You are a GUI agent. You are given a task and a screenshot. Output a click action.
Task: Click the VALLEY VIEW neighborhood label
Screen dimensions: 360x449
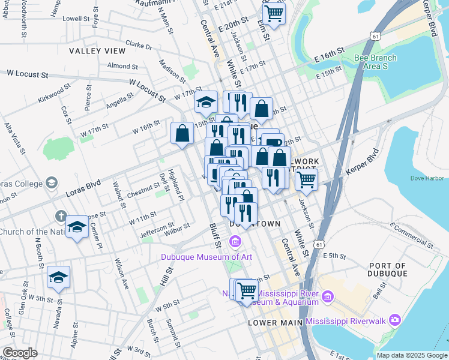(97, 51)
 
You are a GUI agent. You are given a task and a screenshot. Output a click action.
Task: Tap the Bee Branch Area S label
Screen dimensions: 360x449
(375, 62)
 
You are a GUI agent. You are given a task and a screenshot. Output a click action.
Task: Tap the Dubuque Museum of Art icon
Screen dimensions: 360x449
(235, 242)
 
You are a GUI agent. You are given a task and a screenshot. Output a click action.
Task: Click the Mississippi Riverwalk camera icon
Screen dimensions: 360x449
(394, 320)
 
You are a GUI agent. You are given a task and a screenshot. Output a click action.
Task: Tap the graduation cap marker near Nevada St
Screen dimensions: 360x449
(58, 277)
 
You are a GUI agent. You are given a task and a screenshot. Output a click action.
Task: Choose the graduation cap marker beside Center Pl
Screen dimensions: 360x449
(76, 227)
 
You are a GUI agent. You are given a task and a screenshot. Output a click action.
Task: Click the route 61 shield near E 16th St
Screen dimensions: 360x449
(375, 37)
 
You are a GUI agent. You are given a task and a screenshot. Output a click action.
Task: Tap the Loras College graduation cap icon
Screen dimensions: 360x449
(52, 182)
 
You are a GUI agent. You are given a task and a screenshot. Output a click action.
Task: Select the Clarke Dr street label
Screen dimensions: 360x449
(139, 46)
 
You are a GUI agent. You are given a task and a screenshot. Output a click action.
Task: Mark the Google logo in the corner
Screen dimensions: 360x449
(20, 353)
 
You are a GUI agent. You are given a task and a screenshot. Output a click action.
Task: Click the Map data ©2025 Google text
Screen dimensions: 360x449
(411, 355)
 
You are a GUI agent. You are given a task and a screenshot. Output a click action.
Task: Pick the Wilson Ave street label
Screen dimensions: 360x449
(122, 274)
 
